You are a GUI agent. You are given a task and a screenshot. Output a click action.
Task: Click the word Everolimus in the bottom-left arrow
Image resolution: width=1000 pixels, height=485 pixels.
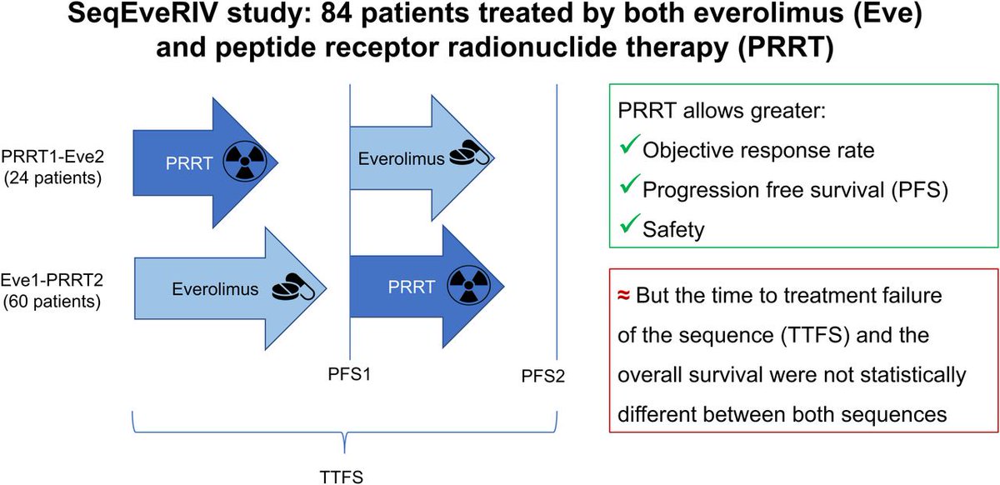(212, 289)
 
